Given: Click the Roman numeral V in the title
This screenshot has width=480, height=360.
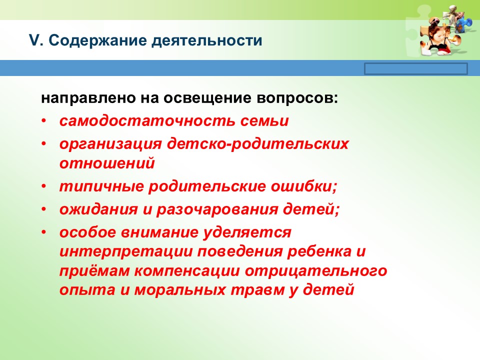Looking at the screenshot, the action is pyautogui.click(x=34, y=40).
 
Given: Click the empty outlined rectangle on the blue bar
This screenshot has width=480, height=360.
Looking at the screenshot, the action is pyautogui.click(x=416, y=69).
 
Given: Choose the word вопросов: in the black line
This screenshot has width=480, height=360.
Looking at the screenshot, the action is pyautogui.click(x=297, y=98).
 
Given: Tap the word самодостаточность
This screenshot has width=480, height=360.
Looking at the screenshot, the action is pyautogui.click(x=147, y=120).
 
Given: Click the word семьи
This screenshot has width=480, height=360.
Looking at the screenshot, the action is pyautogui.click(x=264, y=121).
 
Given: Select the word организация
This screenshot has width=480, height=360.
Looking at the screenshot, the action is pyautogui.click(x=110, y=144).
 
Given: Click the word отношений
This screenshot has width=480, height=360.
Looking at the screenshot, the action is pyautogui.click(x=107, y=163).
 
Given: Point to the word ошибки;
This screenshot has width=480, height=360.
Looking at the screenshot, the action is pyautogui.click(x=303, y=186).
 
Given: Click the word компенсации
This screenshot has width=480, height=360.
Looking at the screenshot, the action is pyautogui.click(x=187, y=271).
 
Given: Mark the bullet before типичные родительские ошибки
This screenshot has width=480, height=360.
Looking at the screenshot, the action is pyautogui.click(x=44, y=186).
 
